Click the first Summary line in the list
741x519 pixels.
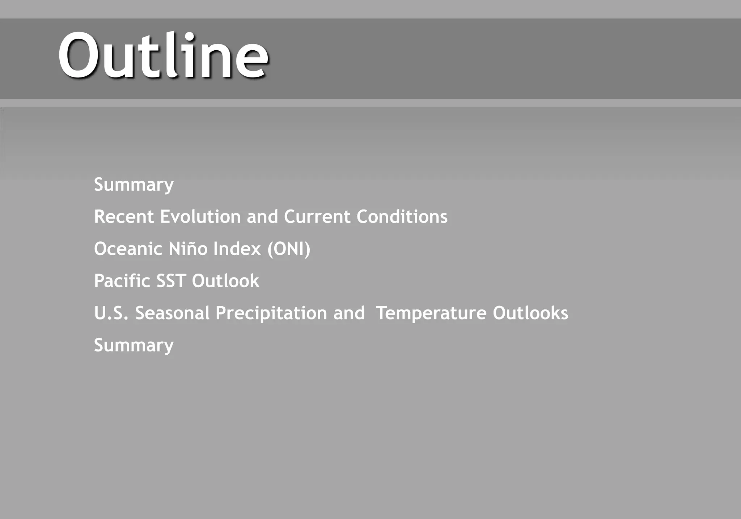134,185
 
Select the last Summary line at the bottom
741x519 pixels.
134,346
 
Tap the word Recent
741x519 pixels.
124,217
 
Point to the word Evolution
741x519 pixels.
200,217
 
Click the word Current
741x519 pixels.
317,217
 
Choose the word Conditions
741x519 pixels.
402,217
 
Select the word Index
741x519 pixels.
237,249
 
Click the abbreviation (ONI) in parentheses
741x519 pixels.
289,249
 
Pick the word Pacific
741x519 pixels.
122,281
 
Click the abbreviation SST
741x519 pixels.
171,281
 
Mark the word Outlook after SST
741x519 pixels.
225,281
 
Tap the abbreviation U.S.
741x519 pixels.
111,313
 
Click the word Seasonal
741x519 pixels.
172,313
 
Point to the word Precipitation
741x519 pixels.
271,313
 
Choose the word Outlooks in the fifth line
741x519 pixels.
530,313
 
